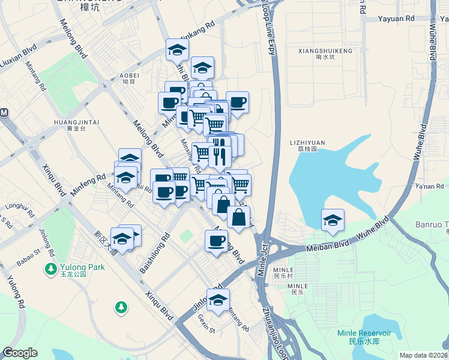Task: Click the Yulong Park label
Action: coord(82,267)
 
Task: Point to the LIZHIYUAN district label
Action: coord(307,143)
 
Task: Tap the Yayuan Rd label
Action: coord(396,19)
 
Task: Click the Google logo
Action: coord(20,353)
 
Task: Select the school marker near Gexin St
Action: coord(218,299)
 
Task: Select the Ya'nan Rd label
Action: coord(429,186)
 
